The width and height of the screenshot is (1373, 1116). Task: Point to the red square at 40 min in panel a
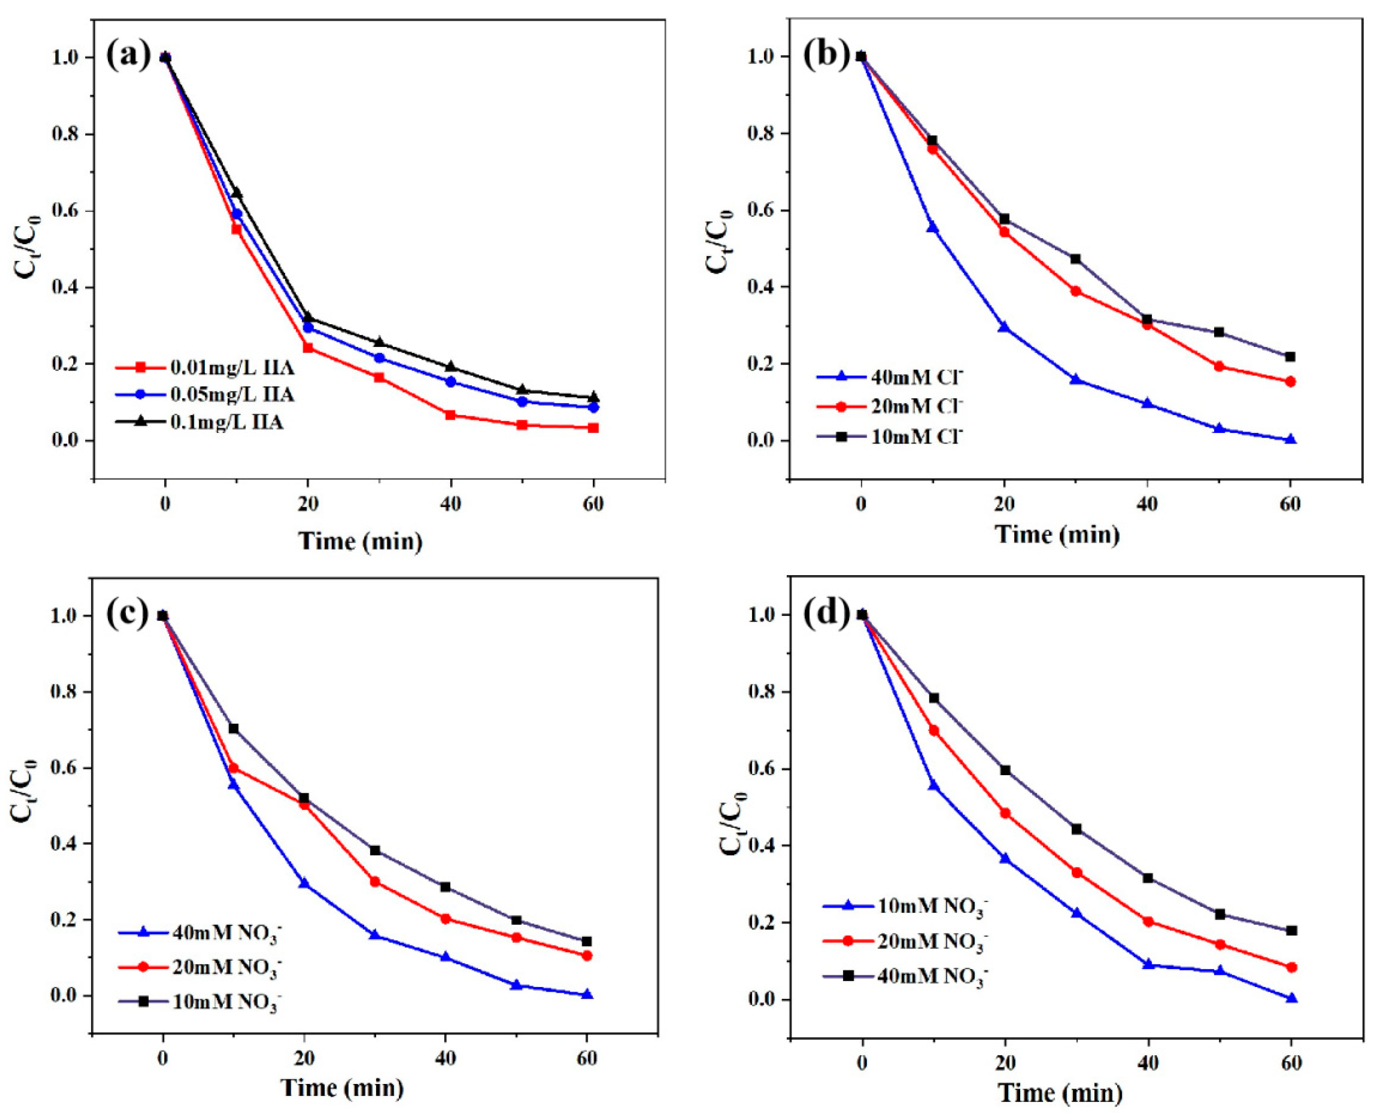coord(450,415)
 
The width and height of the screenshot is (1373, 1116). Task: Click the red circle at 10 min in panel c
coord(233,768)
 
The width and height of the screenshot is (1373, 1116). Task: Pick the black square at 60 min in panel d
coord(1291,930)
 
